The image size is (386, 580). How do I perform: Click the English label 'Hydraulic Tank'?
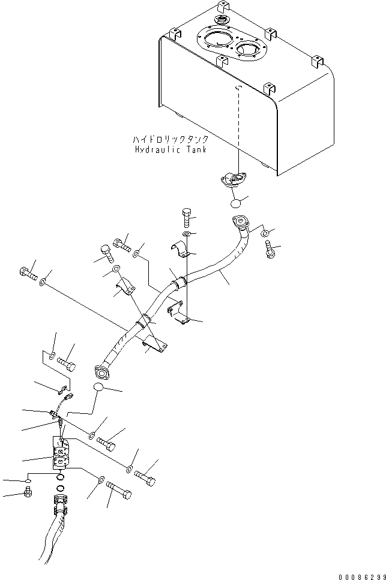(170, 149)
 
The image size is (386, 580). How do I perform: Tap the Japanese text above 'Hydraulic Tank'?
(170, 139)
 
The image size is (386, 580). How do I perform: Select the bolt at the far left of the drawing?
(28, 275)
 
